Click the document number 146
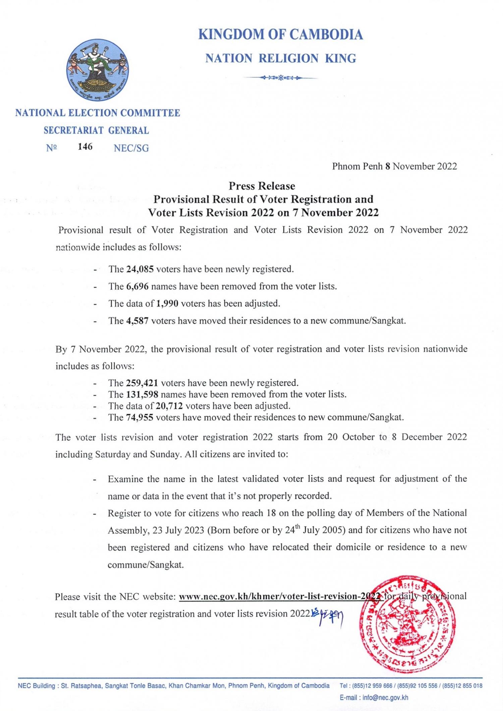[x=85, y=147]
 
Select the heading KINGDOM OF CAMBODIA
[x=280, y=35]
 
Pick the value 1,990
[x=167, y=304]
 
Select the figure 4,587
[x=137, y=321]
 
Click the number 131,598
[x=142, y=394]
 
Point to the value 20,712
[x=169, y=406]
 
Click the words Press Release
[x=262, y=186]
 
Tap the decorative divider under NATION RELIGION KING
[x=280, y=78]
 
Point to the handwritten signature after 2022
[x=328, y=614]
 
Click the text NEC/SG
[x=131, y=148]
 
